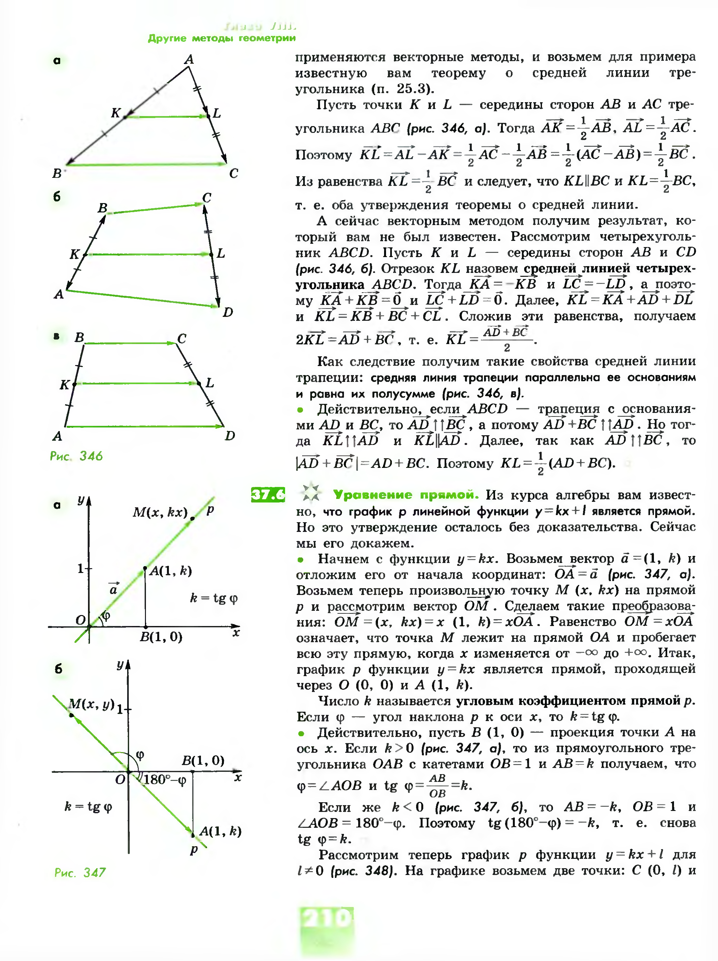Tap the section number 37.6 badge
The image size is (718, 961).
[x=268, y=495]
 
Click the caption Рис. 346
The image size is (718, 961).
[x=76, y=456]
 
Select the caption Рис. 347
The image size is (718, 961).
[x=80, y=872]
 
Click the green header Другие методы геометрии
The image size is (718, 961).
[x=222, y=38]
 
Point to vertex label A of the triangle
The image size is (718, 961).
[x=189, y=59]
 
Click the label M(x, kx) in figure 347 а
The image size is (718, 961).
[x=160, y=513]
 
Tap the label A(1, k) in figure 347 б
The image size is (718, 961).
[x=220, y=831]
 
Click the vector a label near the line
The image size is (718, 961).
[x=114, y=588]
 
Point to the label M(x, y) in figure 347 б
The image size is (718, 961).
[x=91, y=704]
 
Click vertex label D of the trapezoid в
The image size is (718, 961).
[x=230, y=435]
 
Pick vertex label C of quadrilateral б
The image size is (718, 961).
[x=207, y=198]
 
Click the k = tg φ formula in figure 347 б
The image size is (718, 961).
[x=88, y=806]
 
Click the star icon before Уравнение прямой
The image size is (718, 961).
[x=311, y=493]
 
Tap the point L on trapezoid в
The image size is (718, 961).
[x=199, y=383]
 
